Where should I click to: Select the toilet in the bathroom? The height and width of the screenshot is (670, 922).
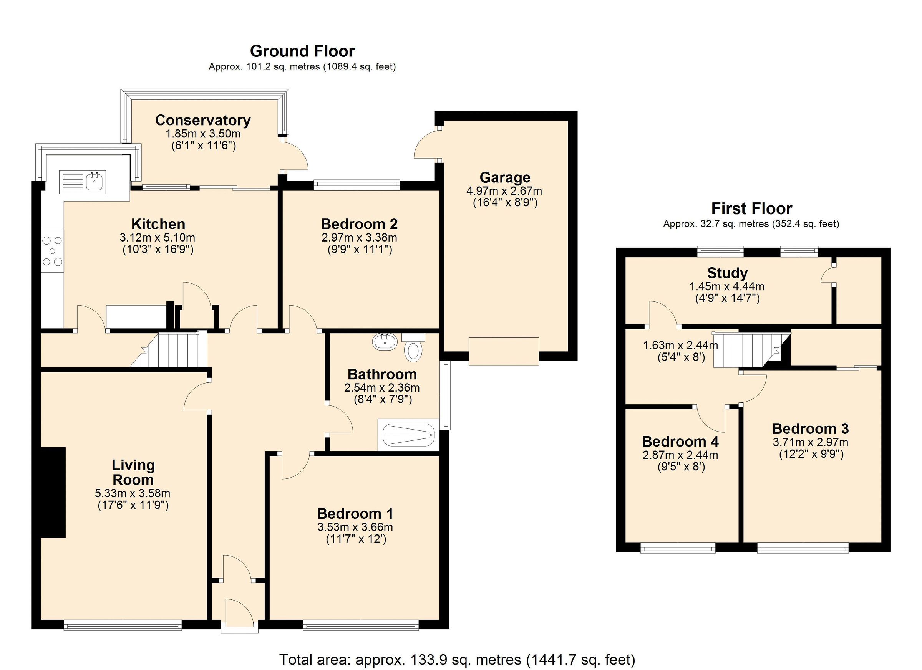413,350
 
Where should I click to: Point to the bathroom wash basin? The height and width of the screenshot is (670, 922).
385,342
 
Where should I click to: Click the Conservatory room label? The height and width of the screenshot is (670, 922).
203,120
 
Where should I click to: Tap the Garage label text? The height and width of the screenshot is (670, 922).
504,177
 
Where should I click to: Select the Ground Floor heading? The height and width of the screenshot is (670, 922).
302,51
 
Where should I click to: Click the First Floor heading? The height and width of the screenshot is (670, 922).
751,208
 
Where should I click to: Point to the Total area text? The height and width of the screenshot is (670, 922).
457,659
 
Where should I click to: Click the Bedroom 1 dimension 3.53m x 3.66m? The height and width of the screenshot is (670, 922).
355,527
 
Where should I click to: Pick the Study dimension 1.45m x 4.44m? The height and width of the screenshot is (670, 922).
727,286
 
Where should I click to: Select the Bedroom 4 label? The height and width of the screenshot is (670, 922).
680,441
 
